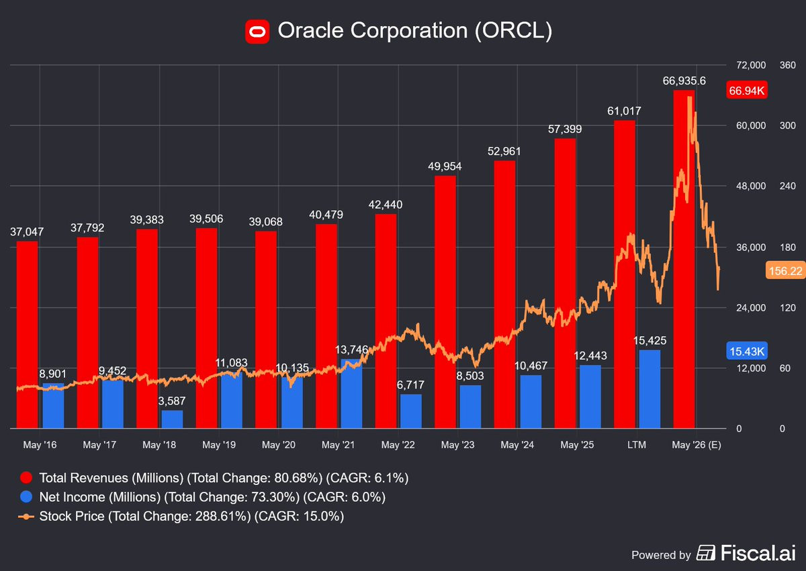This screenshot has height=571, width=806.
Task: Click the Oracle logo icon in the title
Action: coord(257,32)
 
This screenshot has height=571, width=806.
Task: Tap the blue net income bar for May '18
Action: coord(172,419)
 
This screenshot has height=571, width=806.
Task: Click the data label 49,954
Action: coord(444,166)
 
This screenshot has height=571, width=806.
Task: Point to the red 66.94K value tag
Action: coord(746,91)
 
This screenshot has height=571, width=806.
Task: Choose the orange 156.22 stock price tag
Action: coord(783,270)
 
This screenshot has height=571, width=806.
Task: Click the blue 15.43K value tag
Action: coord(746,351)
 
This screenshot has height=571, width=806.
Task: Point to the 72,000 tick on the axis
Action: coord(751,65)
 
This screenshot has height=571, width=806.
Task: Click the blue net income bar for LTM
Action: coord(650,389)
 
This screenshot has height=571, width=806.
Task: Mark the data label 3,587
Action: coord(172,401)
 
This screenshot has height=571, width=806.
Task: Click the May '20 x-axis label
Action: coord(279,445)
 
